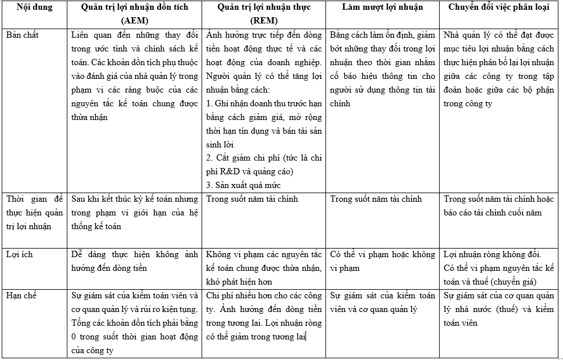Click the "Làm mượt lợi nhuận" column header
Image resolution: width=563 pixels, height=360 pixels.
pos(383,8)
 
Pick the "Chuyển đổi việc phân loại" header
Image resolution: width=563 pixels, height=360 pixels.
pos(500,8)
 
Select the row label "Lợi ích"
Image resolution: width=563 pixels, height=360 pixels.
pos(19,254)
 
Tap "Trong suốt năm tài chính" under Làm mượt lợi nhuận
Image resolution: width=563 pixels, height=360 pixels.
pos(376,199)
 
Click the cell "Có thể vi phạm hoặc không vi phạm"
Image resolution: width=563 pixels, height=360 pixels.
pos(383,261)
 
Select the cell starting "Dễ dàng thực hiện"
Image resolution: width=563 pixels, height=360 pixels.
pos(135,261)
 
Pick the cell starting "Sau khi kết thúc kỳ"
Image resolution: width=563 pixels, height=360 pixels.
pos(135,213)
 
